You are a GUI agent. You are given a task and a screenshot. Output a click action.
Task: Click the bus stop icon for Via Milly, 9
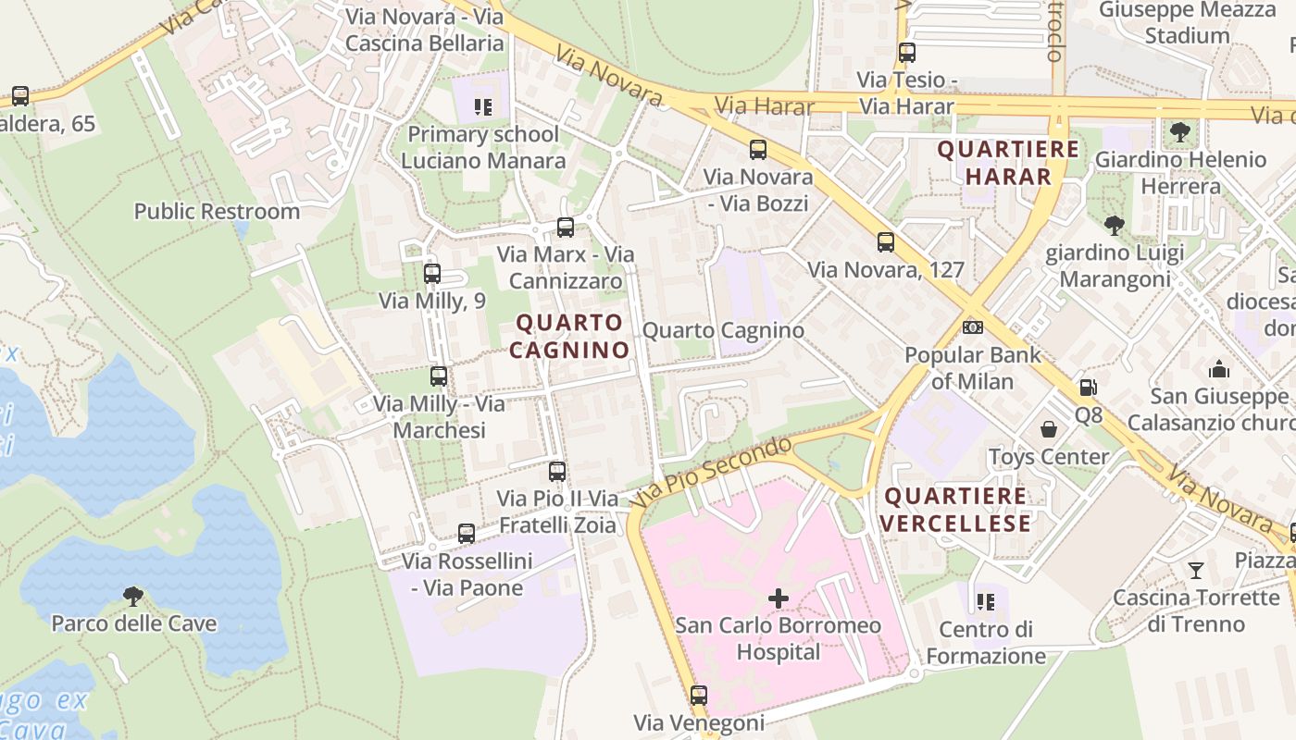[x=431, y=274]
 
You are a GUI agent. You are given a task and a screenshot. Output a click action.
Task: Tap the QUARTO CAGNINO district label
[x=568, y=337]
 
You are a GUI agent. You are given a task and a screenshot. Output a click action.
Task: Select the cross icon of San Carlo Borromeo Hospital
[x=779, y=598]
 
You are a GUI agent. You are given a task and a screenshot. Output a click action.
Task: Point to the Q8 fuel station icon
[x=1088, y=388]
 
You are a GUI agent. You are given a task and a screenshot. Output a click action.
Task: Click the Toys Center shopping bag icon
[x=1049, y=429]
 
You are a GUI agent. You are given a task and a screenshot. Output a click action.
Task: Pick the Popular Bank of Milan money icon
[x=972, y=327]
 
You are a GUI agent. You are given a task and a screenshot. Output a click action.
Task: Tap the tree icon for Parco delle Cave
[x=133, y=596]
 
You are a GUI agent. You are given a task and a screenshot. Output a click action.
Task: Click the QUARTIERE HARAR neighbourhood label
[x=1007, y=163]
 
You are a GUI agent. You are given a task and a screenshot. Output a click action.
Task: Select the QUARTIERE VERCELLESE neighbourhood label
[x=955, y=510]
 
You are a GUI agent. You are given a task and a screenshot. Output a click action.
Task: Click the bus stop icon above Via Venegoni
[x=699, y=695]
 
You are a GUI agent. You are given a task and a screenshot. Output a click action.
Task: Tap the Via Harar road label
[x=765, y=106]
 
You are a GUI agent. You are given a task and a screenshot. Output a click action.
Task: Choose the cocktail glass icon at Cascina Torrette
[x=1196, y=570]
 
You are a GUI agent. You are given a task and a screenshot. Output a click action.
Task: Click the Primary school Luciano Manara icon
[x=482, y=107]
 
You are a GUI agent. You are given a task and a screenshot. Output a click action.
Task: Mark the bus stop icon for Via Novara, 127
[x=886, y=242]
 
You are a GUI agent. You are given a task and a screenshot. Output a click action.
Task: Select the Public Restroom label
[x=217, y=211]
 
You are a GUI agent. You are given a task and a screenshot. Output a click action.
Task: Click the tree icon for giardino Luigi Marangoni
[x=1115, y=225]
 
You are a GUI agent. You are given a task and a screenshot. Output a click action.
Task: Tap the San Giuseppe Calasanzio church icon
[x=1219, y=369]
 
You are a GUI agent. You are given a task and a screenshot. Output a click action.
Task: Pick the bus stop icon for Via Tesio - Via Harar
[x=906, y=53]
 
